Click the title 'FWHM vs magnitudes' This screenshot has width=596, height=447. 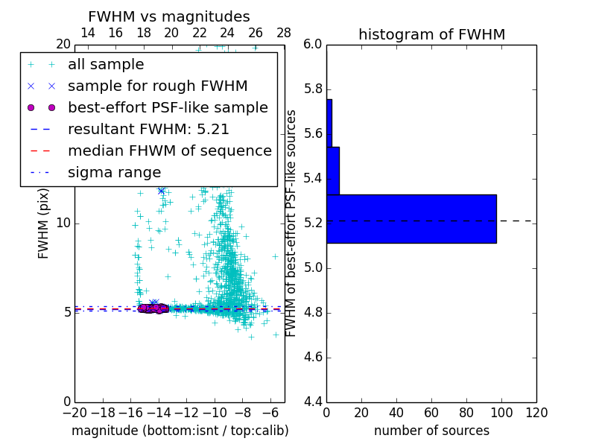pyautogui.click(x=169, y=17)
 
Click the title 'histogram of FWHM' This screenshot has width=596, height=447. pyautogui.click(x=431, y=34)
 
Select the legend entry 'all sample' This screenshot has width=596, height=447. pyautogui.click(x=106, y=65)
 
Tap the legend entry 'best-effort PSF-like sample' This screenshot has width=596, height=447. pyautogui.click(x=168, y=107)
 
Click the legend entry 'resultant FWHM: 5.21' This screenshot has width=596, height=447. pyautogui.click(x=148, y=129)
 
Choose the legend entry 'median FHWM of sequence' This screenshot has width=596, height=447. pyautogui.click(x=170, y=150)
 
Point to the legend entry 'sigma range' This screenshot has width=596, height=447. pyautogui.click(x=114, y=172)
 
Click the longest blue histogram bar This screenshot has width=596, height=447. pyautogui.click(x=411, y=218)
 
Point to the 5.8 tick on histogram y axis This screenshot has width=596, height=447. pyautogui.click(x=314, y=89)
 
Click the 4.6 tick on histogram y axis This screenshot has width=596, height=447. pyautogui.click(x=314, y=357)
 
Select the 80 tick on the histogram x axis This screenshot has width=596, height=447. pyautogui.click(x=466, y=412)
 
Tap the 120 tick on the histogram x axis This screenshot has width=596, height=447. pyautogui.click(x=536, y=412)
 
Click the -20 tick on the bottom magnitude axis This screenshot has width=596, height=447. pyautogui.click(x=74, y=412)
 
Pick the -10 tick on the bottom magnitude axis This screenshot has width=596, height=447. pyautogui.click(x=215, y=412)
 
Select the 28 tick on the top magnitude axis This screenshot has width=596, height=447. pyautogui.click(x=284, y=33)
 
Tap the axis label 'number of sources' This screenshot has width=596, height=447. pyautogui.click(x=431, y=431)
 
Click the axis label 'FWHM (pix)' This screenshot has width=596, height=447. pyautogui.click(x=44, y=223)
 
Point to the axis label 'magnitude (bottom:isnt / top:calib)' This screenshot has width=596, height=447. pyautogui.click(x=180, y=431)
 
